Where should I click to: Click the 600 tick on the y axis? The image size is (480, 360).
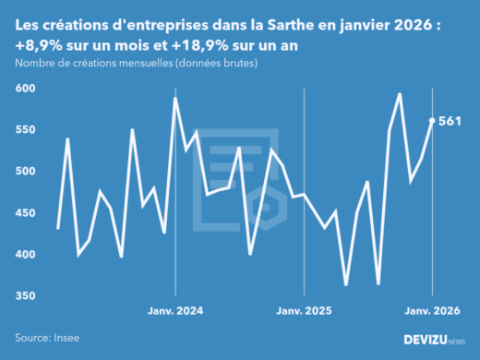(25, 89)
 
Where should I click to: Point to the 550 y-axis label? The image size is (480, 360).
(25, 130)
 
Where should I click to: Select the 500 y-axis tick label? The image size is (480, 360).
(25, 172)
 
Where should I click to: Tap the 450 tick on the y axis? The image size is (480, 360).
(25, 213)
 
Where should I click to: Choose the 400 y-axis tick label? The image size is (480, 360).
(25, 255)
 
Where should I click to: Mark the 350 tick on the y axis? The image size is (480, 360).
(25, 296)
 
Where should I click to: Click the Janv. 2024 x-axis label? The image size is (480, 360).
(175, 311)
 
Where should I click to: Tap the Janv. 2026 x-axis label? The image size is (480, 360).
(433, 311)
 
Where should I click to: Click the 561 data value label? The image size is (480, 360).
(451, 120)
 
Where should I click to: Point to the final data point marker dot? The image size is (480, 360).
(433, 120)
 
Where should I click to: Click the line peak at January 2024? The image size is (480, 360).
(175, 98)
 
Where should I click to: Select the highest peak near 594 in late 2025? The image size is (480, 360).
(400, 93)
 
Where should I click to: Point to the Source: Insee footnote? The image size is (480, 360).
(47, 339)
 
